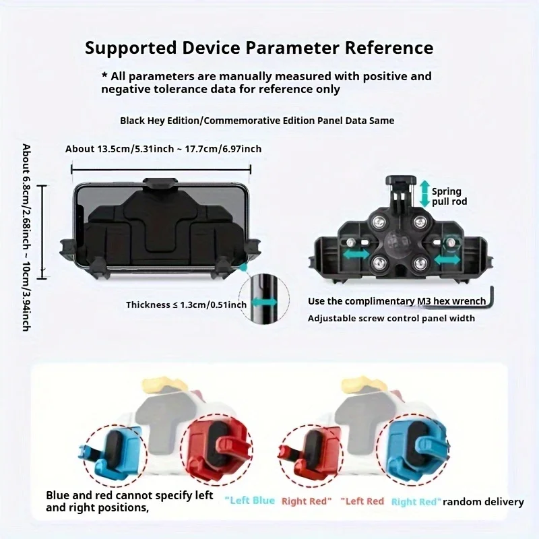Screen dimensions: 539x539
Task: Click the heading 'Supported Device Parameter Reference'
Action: point(259,48)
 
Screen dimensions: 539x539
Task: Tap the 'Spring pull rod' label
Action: point(449,196)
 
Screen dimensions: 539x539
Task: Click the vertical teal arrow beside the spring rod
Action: point(425,193)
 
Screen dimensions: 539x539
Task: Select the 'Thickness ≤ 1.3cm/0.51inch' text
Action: point(187,305)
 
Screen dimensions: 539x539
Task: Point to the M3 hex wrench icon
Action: point(491,298)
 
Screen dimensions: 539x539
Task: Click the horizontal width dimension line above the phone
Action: point(161,170)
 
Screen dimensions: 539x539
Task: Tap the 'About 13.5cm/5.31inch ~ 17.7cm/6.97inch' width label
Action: point(163,149)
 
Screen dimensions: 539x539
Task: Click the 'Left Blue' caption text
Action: point(250,501)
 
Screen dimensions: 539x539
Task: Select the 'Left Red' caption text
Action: point(362,501)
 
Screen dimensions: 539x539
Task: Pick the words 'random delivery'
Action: point(483,502)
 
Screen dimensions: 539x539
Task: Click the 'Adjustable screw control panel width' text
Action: point(391,318)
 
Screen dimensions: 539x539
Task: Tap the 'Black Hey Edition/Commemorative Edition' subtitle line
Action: point(257,121)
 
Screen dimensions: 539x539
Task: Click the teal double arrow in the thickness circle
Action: point(264,303)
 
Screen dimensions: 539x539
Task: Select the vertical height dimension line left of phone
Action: point(42,231)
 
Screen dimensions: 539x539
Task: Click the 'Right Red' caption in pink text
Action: point(307,501)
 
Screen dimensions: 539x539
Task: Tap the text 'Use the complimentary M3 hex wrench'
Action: point(397,301)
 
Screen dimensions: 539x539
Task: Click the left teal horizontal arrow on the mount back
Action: point(356,255)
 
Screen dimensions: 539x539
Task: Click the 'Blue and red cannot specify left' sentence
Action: point(129,495)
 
